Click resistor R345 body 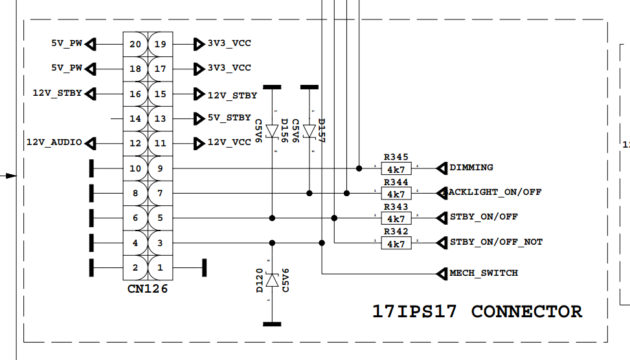pyautogui.click(x=396, y=169)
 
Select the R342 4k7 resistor pyautogui.click(x=396, y=243)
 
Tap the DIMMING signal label pyautogui.click(x=471, y=168)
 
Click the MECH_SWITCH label pyautogui.click(x=484, y=273)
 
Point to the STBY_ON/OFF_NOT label pyautogui.click(x=496, y=242)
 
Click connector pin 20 pyautogui.click(x=135, y=44)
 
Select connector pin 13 pyautogui.click(x=160, y=118)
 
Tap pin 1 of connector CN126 pyautogui.click(x=160, y=267)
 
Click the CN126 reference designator pyautogui.click(x=148, y=289)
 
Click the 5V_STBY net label pyautogui.click(x=229, y=118)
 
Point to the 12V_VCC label pyautogui.click(x=229, y=143)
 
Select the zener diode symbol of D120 pyautogui.click(x=272, y=280)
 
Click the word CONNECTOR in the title pyautogui.click(x=526, y=311)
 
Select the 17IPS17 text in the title pyautogui.click(x=414, y=311)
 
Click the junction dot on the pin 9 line pyautogui.click(x=359, y=168)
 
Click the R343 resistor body pyautogui.click(x=396, y=218)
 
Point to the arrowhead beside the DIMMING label pyautogui.click(x=442, y=168)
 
